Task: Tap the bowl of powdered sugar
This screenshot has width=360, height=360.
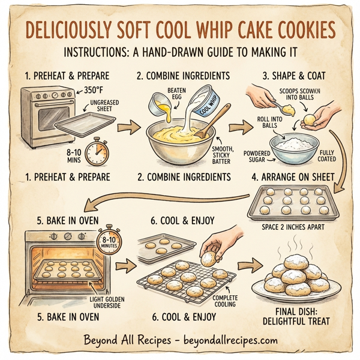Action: [x=294, y=147]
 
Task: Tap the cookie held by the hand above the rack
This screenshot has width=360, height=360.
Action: [x=209, y=257]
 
